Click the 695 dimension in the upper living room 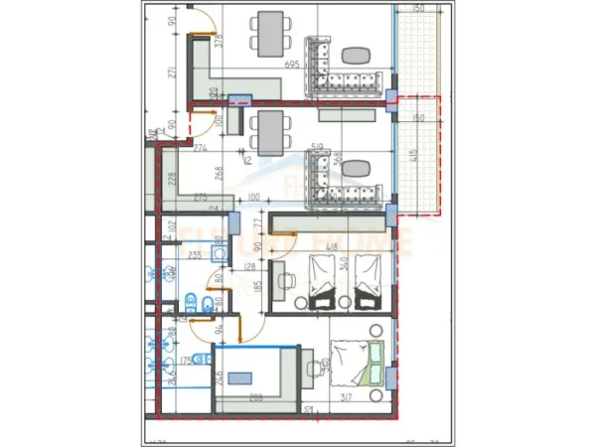click(x=292, y=64)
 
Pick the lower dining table click(x=268, y=132)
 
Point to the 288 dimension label click(x=255, y=398)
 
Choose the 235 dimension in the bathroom click(x=196, y=255)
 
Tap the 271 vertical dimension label click(x=172, y=74)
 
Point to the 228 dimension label click(x=171, y=179)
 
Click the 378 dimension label click(x=219, y=41)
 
